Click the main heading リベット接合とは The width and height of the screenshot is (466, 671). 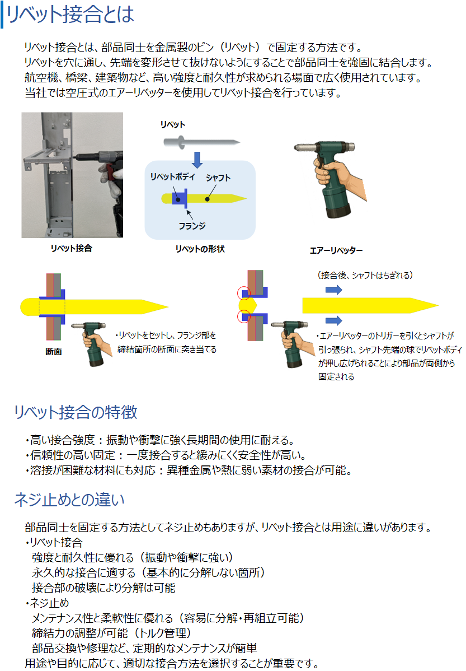(70, 14)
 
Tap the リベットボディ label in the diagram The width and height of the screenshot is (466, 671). (172, 177)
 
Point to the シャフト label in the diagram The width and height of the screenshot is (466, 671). (218, 178)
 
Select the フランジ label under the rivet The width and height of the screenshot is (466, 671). (192, 226)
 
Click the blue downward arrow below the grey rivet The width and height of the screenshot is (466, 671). (197, 160)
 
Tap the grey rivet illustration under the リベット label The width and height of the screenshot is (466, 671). (201, 142)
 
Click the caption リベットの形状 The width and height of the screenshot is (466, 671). (200, 249)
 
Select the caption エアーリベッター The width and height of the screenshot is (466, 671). (336, 250)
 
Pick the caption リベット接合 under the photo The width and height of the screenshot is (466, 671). (72, 248)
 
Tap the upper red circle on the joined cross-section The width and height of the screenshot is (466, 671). (244, 293)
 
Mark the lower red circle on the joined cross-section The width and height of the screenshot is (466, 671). (244, 316)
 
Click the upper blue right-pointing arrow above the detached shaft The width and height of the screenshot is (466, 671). (334, 290)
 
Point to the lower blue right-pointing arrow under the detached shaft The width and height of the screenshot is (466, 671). (334, 320)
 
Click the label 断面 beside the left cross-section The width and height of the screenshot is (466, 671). (54, 351)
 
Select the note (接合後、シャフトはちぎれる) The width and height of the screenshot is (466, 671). (365, 275)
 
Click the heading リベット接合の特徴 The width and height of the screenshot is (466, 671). (76, 412)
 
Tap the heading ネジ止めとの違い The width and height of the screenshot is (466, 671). (69, 500)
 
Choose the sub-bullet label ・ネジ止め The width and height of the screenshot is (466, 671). (47, 603)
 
